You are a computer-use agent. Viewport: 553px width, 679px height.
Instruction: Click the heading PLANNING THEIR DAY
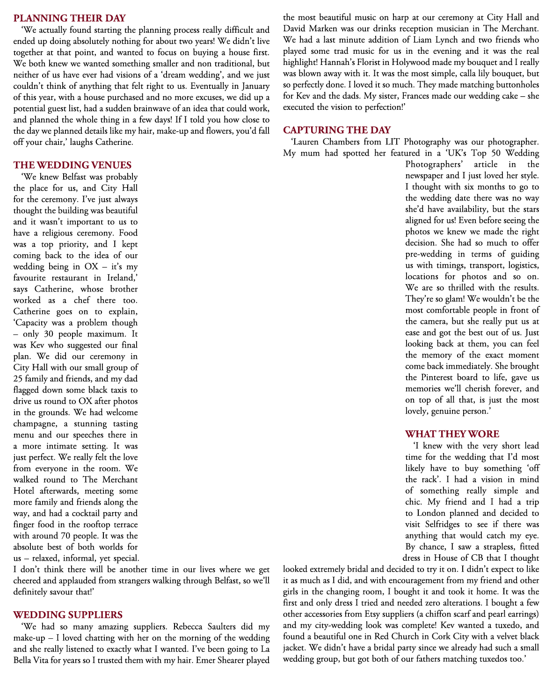tap(69, 18)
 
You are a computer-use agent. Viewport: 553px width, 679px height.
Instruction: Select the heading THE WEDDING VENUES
tap(73, 165)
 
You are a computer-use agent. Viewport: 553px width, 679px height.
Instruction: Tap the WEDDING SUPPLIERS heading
tap(68, 615)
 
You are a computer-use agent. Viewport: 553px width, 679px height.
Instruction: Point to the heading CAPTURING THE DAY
tap(337, 130)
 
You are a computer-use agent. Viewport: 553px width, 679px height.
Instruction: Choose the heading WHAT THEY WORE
tap(452, 434)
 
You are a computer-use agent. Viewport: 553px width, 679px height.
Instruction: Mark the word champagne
tap(36, 424)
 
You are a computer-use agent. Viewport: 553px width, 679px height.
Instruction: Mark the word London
tap(433, 513)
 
